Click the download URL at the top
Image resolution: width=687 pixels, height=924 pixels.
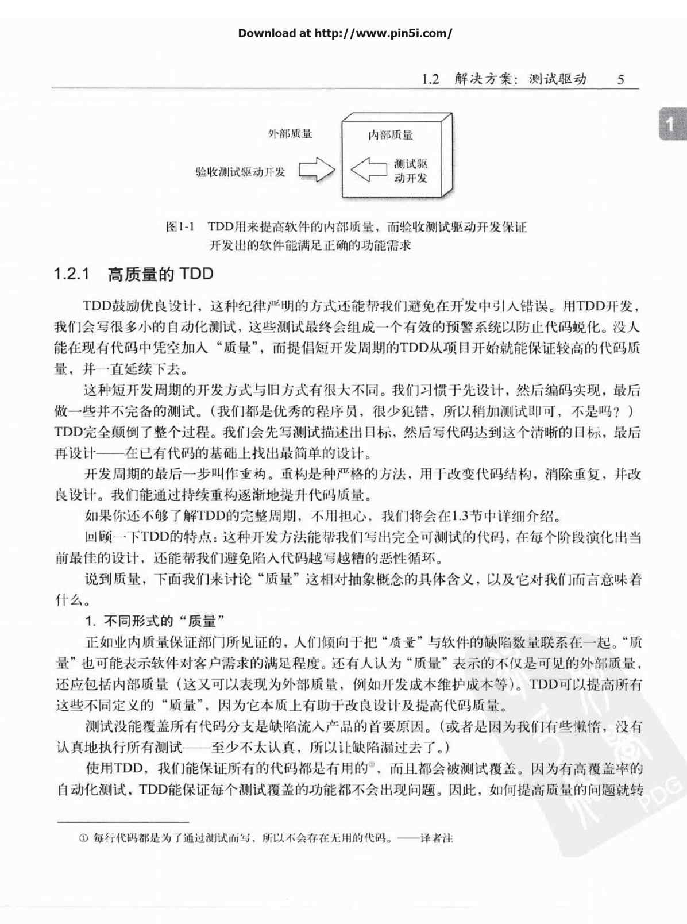click(x=345, y=33)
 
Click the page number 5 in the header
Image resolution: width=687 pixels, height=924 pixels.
click(x=620, y=79)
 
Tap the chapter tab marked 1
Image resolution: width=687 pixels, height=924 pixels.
click(x=670, y=124)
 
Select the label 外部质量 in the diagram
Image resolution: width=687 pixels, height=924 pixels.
click(x=291, y=134)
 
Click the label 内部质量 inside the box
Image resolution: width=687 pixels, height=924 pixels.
click(x=391, y=135)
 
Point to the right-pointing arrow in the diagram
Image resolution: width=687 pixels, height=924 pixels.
click(x=317, y=170)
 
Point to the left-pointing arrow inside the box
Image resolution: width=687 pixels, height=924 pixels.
click(x=369, y=170)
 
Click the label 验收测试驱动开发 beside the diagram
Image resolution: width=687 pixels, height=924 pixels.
click(x=240, y=171)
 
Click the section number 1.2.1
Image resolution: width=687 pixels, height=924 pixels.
click(x=72, y=274)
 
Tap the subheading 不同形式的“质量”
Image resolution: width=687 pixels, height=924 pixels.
click(x=164, y=621)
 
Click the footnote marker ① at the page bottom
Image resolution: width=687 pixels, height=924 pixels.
click(x=84, y=838)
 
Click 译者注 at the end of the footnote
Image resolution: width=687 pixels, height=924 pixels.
click(x=437, y=838)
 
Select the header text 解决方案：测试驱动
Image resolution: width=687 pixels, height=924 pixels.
click(x=520, y=79)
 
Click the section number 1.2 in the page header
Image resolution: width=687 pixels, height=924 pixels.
click(x=430, y=79)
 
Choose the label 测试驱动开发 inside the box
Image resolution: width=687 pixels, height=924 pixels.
click(x=411, y=171)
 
